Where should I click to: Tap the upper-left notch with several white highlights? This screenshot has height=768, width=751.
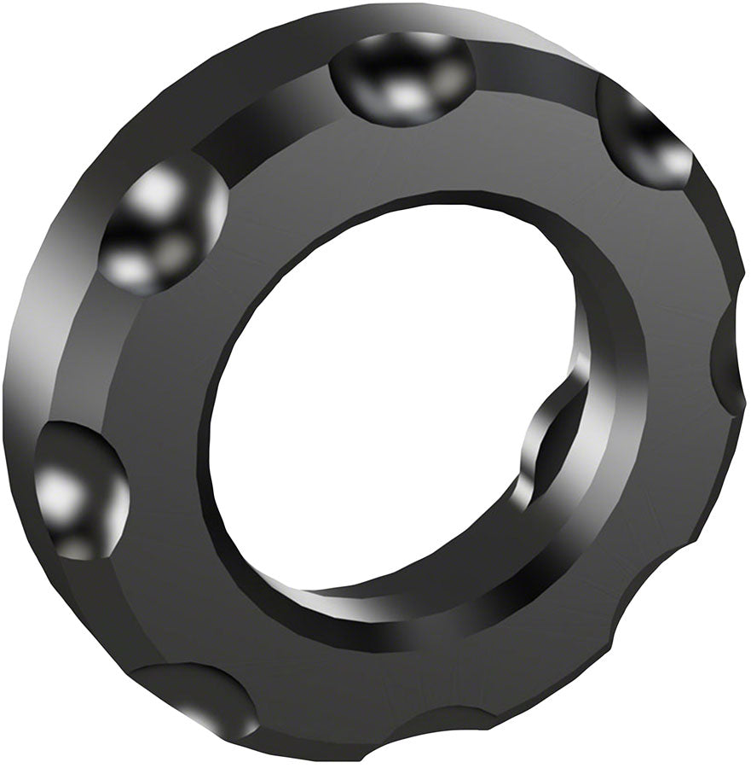click(162, 226)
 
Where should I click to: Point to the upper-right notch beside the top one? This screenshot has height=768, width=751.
click(644, 132)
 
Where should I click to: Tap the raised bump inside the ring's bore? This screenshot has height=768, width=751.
click(546, 452)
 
